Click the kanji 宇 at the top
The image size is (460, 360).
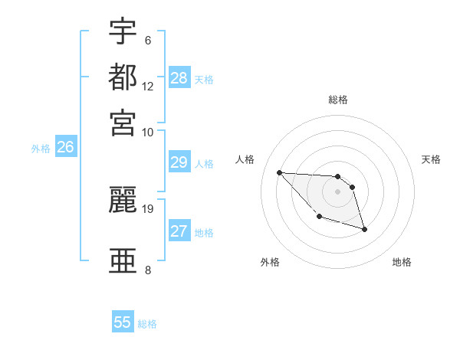pos(123,31)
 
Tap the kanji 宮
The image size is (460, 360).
pos(123,122)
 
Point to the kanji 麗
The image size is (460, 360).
pos(123,200)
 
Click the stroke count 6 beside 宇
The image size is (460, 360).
pos(147,41)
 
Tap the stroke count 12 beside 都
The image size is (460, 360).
pos(148,86)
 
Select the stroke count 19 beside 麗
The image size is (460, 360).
pos(148,208)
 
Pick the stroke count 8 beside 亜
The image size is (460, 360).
pos(147,270)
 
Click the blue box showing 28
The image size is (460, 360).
pos(179,78)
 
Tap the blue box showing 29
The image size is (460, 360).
pos(179,162)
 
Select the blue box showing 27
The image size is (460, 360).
pos(179,231)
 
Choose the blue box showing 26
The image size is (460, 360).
pos(65,148)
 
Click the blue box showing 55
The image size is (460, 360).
pos(123,322)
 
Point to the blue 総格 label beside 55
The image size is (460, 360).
pos(147,324)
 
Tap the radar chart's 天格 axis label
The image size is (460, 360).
pos(431,159)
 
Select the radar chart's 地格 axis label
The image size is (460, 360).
pos(402,262)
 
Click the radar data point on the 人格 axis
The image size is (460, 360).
pos(279,172)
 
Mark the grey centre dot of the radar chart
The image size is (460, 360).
pos(337,191)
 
